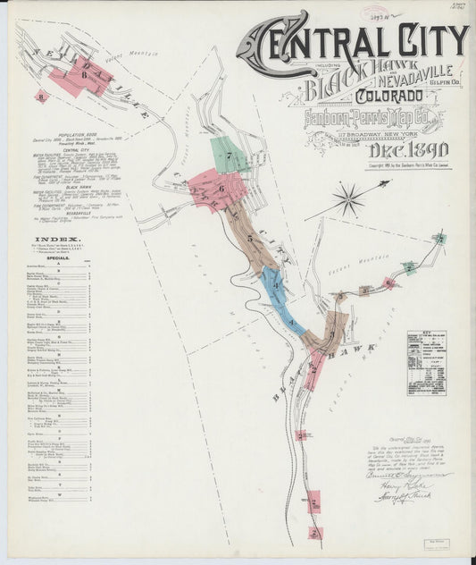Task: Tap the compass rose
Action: [x=348, y=198]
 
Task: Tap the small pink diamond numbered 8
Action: [x=38, y=96]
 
